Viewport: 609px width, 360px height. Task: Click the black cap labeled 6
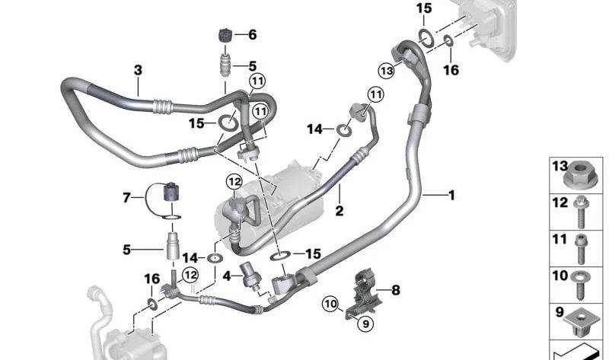click(225, 36)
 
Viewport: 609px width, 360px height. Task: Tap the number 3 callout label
click(138, 71)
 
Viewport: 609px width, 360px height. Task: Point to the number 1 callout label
click(451, 195)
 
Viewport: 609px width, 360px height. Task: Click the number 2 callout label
click(339, 211)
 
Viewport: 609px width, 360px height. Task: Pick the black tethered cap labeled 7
click(171, 192)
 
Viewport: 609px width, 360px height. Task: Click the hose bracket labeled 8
click(363, 294)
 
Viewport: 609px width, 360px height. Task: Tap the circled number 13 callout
click(387, 71)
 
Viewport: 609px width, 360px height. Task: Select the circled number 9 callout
click(365, 323)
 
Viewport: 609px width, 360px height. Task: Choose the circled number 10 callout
click(330, 304)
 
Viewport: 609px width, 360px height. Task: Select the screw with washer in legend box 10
click(580, 285)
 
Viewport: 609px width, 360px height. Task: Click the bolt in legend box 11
click(582, 249)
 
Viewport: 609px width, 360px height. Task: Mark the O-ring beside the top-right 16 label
click(448, 40)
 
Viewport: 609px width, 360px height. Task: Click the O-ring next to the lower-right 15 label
click(280, 256)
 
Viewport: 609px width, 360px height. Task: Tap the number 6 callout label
click(253, 34)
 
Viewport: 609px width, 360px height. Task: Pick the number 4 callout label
click(227, 276)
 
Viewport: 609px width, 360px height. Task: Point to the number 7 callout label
click(126, 198)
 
